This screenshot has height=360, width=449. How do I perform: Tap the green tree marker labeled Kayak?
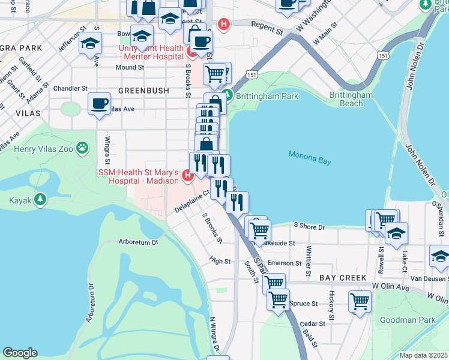click(40, 199)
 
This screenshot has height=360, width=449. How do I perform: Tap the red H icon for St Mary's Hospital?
click(187, 175)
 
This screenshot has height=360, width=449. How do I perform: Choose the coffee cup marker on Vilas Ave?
click(99, 103)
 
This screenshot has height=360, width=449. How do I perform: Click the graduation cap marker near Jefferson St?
click(91, 43)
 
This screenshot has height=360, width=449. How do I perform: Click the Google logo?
click(20, 353)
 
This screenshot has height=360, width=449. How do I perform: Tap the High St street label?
click(220, 261)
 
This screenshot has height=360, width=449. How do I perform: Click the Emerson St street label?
click(284, 263)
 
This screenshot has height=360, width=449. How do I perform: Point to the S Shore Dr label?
click(309, 227)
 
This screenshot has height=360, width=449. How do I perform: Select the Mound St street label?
click(130, 68)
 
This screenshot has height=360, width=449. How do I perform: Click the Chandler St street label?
click(70, 88)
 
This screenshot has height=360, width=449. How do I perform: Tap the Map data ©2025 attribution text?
click(424, 355)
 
